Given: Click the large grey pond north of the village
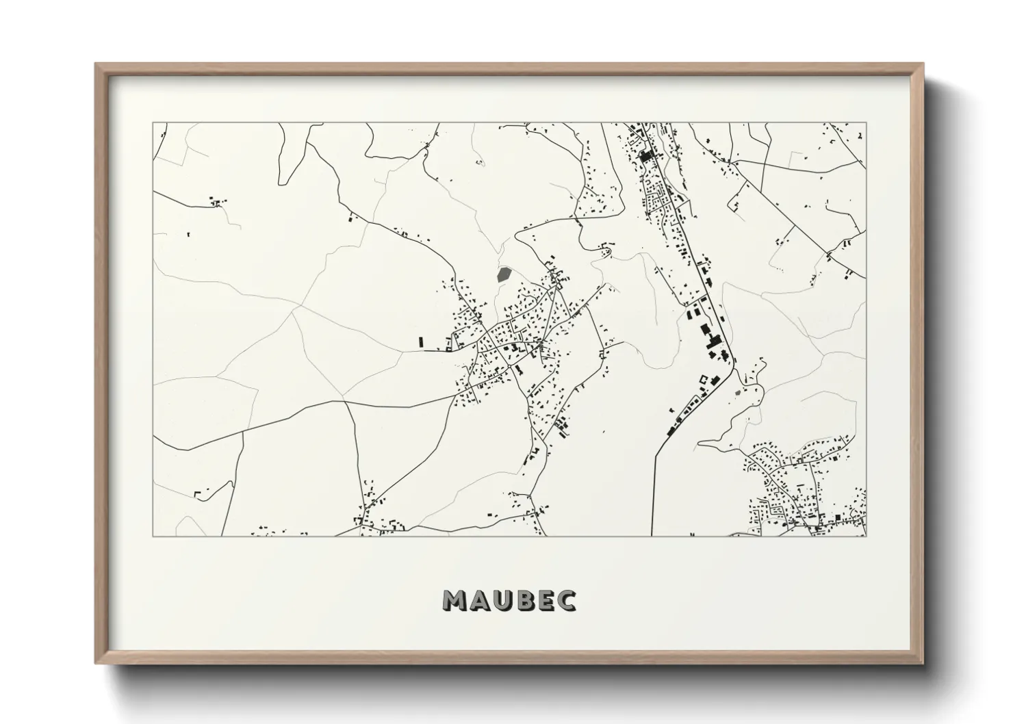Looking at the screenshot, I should (504, 275).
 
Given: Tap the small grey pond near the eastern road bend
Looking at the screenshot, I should (737, 393).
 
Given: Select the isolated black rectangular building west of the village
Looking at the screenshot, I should (421, 341).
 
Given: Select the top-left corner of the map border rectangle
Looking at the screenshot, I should (153, 123).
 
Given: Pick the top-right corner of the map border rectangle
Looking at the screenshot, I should (866, 123).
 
